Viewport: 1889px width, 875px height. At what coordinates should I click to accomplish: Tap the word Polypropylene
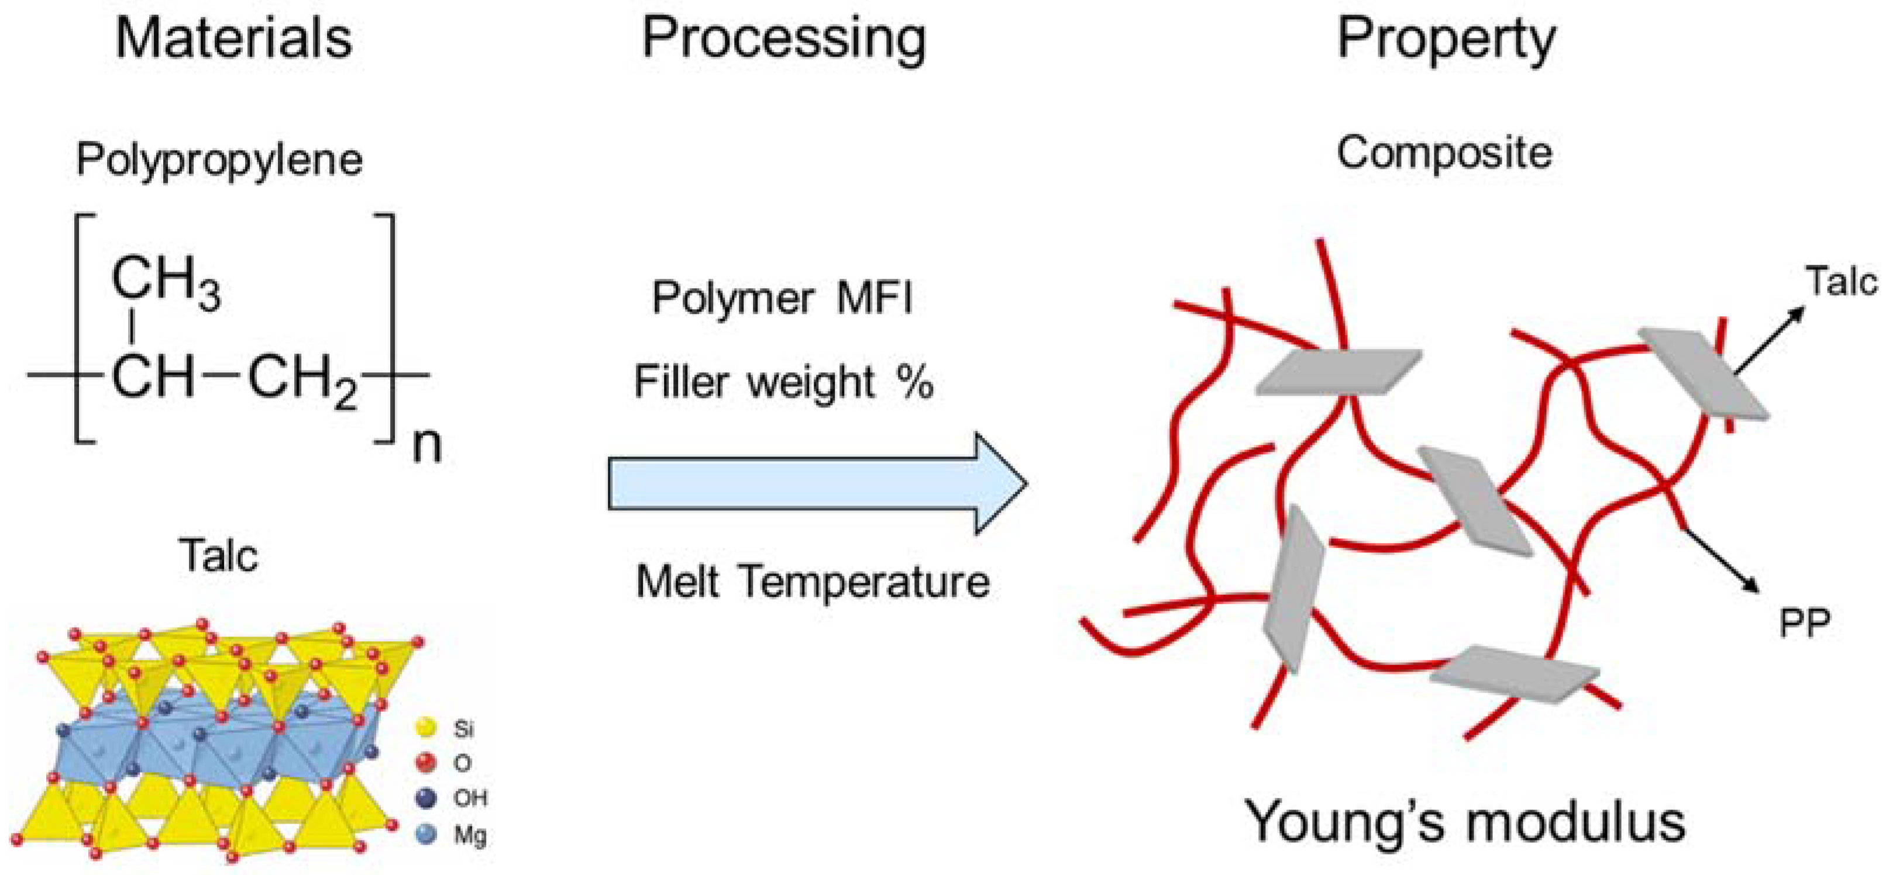(219, 159)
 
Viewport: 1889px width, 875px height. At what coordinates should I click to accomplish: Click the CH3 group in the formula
(165, 283)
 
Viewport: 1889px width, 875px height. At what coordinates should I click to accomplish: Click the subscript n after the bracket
(427, 445)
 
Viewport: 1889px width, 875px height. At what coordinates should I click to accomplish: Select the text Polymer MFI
(782, 298)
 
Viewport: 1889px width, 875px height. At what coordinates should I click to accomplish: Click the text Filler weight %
(783, 382)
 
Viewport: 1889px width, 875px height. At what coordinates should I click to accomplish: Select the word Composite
(1444, 153)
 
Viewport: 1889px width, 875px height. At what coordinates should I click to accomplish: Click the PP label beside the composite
(1804, 624)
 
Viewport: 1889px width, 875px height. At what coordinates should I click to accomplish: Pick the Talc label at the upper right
(1840, 281)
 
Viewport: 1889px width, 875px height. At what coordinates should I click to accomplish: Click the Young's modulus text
(1465, 821)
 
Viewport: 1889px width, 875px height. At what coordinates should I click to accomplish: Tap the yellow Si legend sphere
(426, 728)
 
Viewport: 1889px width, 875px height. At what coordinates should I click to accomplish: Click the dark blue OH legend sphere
(426, 798)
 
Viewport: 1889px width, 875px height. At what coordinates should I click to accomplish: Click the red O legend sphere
(426, 763)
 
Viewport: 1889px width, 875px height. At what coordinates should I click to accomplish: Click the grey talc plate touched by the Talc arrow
(1703, 373)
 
